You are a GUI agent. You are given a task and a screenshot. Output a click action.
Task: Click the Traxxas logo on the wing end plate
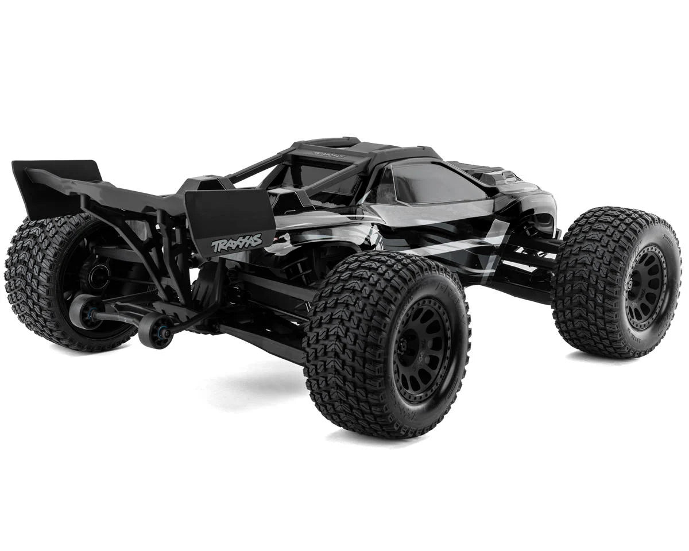[x=237, y=243]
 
